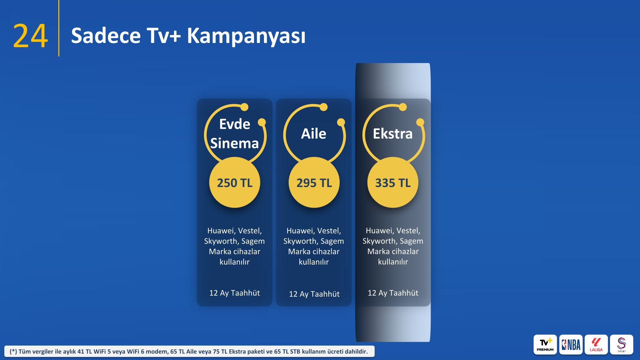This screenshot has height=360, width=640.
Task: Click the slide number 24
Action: [30, 36]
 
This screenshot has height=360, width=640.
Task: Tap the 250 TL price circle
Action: [235, 183]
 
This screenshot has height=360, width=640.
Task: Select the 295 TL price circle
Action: [314, 183]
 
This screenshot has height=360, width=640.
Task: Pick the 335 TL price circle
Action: [393, 183]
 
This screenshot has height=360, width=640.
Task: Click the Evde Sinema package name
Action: [235, 134]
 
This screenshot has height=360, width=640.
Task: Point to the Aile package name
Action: [314, 134]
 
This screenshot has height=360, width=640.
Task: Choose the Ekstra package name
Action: [393, 134]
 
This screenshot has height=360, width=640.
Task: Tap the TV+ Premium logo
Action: [545, 345]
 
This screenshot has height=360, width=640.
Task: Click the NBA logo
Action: [571, 345]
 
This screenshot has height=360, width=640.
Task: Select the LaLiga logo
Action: [596, 345]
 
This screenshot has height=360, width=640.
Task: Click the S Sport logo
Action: [622, 345]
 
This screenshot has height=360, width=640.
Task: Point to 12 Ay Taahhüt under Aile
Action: [314, 294]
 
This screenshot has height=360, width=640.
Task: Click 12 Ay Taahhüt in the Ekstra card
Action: [393, 293]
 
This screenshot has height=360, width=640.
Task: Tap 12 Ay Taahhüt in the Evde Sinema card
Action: [235, 293]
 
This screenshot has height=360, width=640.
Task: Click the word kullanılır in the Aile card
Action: [314, 262]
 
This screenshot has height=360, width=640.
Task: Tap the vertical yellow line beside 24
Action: [59, 28]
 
